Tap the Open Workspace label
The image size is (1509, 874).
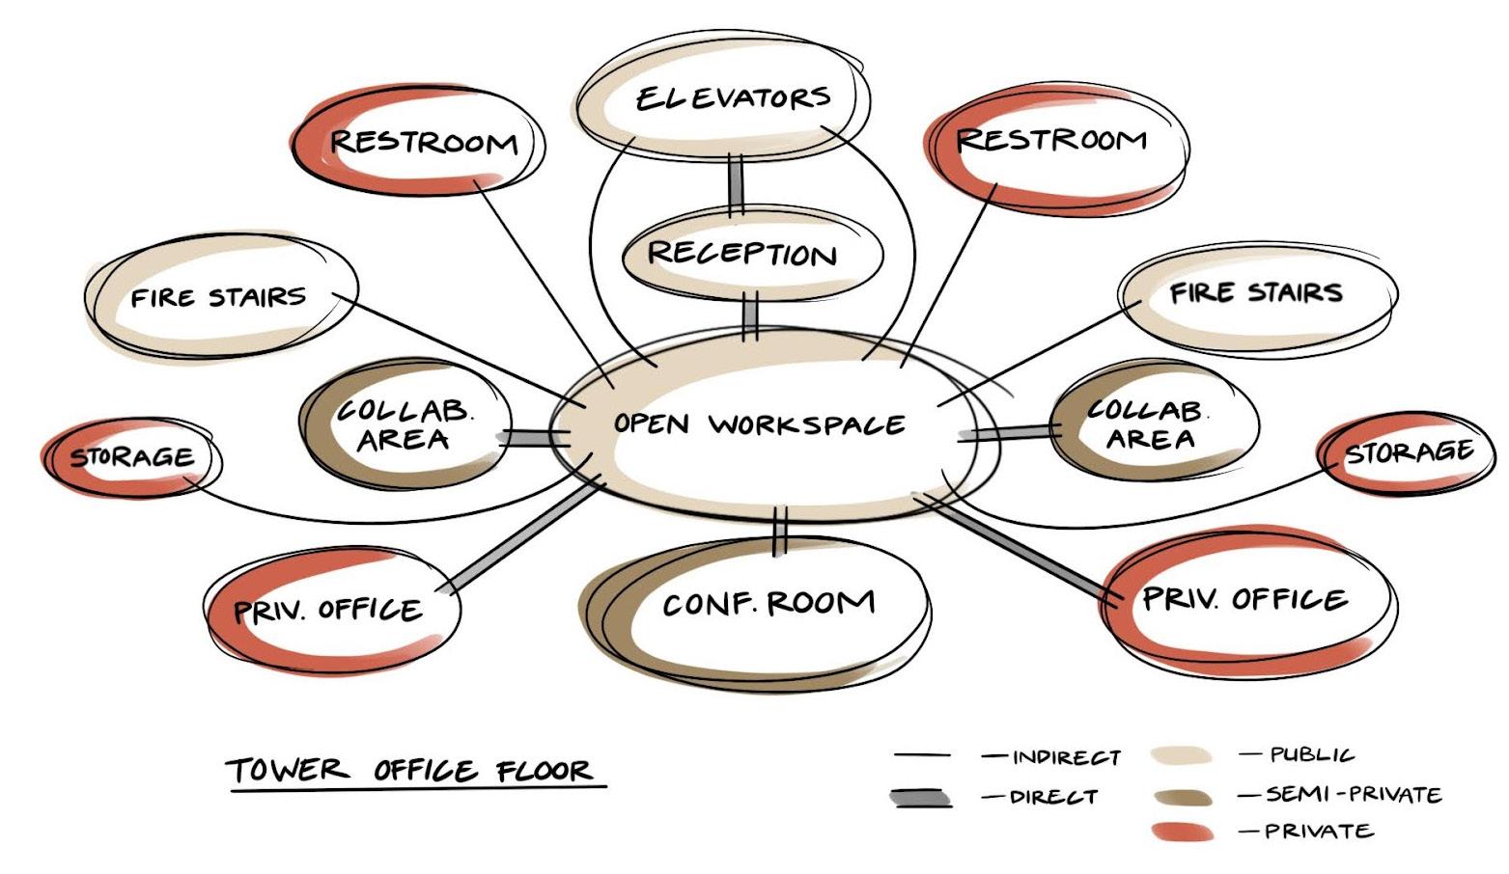760,424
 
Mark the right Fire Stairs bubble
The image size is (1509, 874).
1256,293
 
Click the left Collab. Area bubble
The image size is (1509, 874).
404,425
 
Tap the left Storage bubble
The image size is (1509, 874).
131,457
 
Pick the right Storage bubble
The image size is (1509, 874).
1408,452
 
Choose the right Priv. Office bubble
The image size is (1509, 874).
1245,600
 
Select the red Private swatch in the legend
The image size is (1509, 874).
1181,832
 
